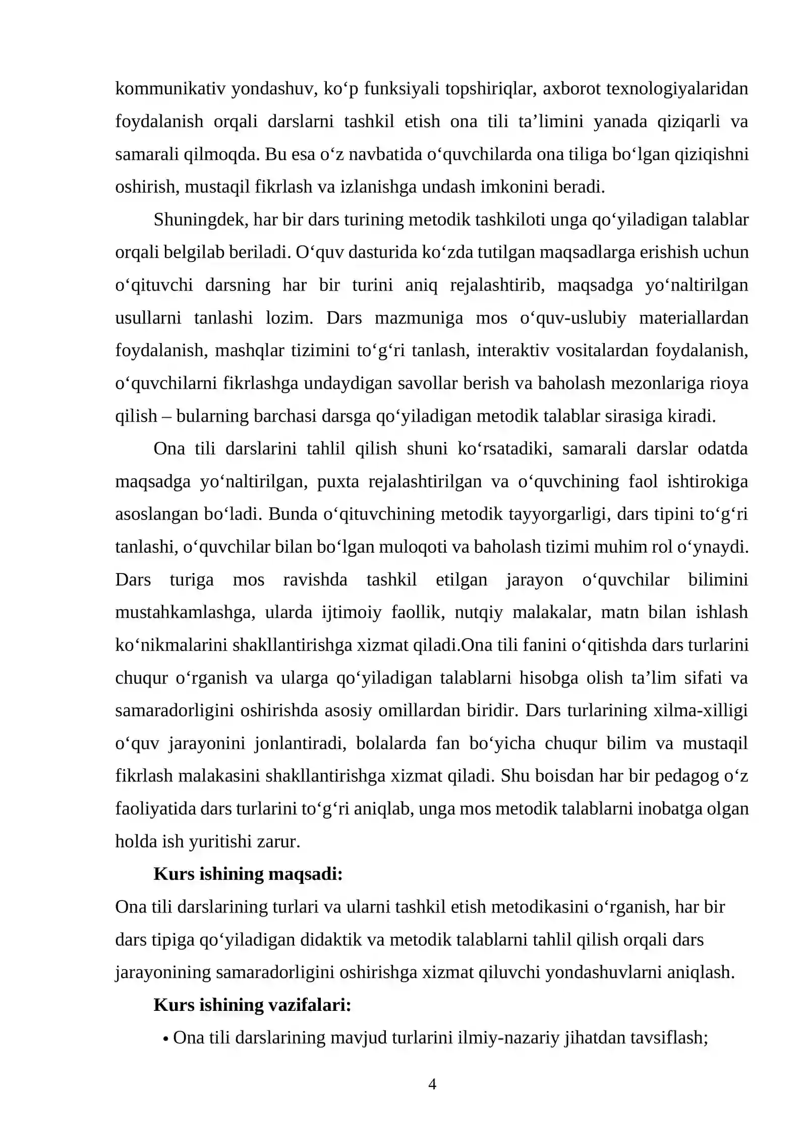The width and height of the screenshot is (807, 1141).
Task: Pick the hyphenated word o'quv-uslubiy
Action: [573, 318]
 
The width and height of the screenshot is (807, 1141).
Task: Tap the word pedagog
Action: [686, 776]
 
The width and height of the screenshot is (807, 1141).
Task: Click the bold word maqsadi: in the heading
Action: [305, 874]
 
